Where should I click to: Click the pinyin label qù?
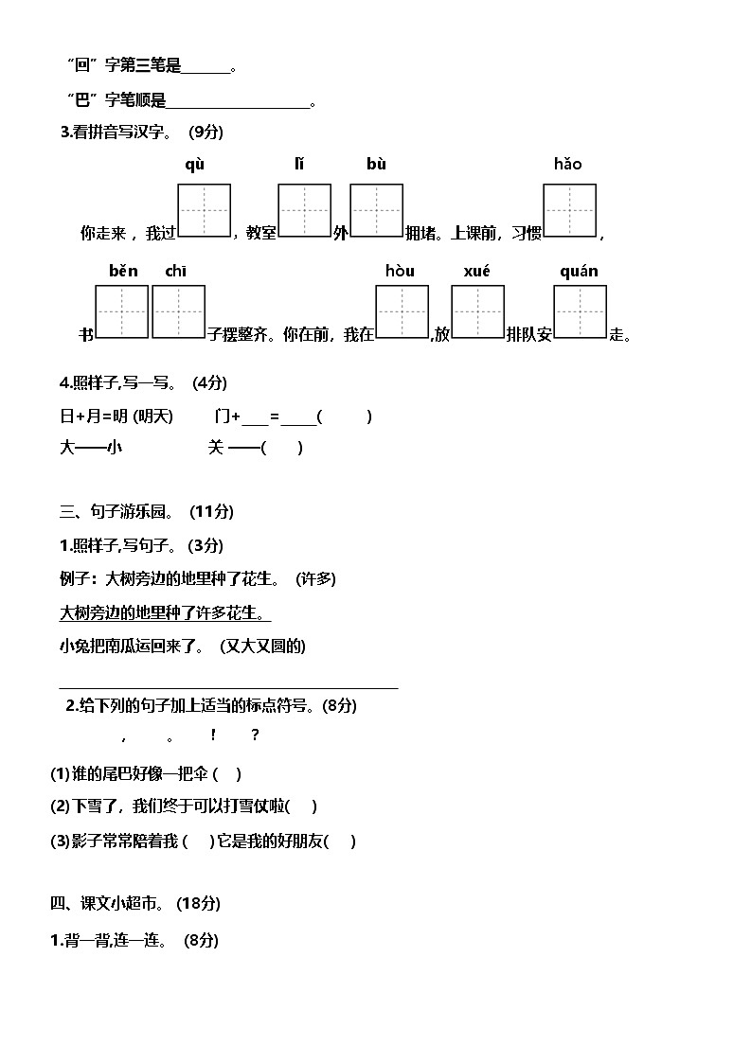click(194, 165)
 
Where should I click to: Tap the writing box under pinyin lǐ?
click(304, 210)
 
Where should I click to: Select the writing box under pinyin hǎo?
click(569, 210)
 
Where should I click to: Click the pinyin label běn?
click(123, 272)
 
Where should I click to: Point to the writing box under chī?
click(179, 311)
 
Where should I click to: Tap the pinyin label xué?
click(477, 272)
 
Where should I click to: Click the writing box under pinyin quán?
click(580, 311)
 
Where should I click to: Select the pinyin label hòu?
click(400, 272)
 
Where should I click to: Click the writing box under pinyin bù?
click(377, 210)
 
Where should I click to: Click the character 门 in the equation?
click(223, 416)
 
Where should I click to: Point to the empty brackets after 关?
click(281, 449)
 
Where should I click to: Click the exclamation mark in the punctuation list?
click(213, 735)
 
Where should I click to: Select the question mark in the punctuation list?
click(255, 735)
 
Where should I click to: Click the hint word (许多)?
click(315, 578)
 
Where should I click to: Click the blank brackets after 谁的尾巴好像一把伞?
click(227, 774)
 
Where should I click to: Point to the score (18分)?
click(199, 904)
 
